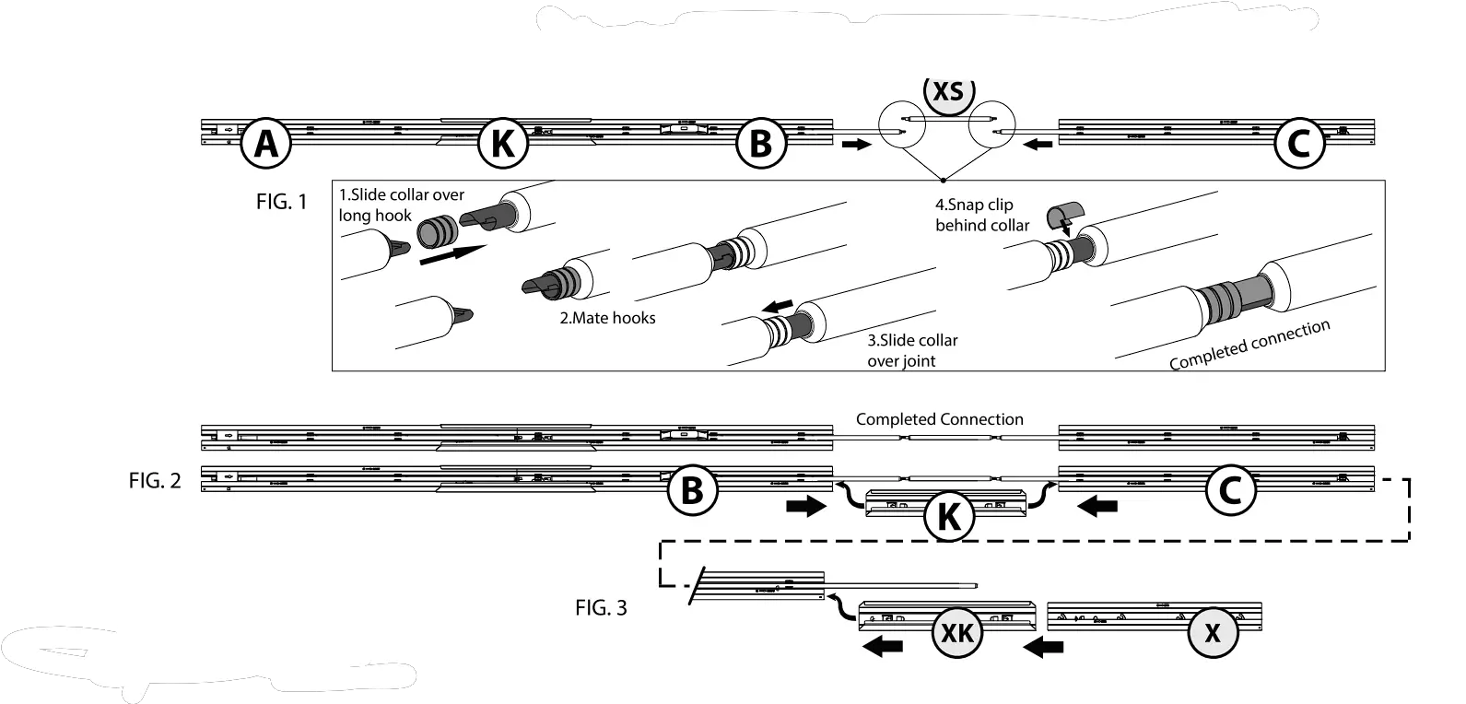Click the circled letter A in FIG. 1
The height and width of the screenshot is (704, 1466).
click(x=265, y=144)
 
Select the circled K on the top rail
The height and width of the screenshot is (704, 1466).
click(x=502, y=144)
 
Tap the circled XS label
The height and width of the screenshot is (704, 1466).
click(x=948, y=92)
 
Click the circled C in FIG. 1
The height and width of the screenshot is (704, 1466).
click(x=1299, y=144)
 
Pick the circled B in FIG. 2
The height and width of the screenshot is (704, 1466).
click(x=691, y=490)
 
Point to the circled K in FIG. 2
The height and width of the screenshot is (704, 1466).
click(x=948, y=516)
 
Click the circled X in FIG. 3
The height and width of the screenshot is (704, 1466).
click(x=1213, y=632)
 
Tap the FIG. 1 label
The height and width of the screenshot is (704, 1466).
click(x=282, y=202)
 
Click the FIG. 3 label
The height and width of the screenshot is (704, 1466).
click(x=601, y=608)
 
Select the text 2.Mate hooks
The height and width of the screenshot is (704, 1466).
click(x=609, y=318)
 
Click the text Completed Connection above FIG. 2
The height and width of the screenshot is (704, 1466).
click(x=939, y=419)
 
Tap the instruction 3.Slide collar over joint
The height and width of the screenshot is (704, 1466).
click(x=912, y=350)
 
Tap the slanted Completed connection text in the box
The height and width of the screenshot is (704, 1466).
click(x=1249, y=346)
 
